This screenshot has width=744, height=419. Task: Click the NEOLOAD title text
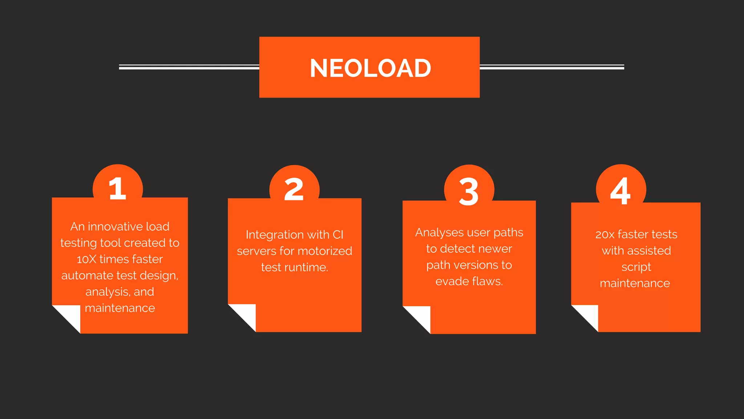pyautogui.click(x=370, y=68)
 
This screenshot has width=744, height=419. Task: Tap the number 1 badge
pyautogui.click(x=117, y=188)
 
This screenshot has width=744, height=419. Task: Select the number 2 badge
pyautogui.click(x=294, y=189)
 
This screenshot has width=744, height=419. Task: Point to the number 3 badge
pyautogui.click(x=469, y=191)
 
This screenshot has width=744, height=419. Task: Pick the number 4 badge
pyautogui.click(x=620, y=191)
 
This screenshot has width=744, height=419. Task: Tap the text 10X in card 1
pyautogui.click(x=86, y=259)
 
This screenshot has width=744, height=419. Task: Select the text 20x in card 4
pyautogui.click(x=604, y=235)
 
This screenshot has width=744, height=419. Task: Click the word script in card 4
pyautogui.click(x=636, y=267)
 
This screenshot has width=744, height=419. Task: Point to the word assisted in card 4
pyautogui.click(x=649, y=251)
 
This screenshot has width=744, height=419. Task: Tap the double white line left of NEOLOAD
pyautogui.click(x=189, y=67)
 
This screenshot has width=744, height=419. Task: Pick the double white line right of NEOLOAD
pyautogui.click(x=551, y=67)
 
